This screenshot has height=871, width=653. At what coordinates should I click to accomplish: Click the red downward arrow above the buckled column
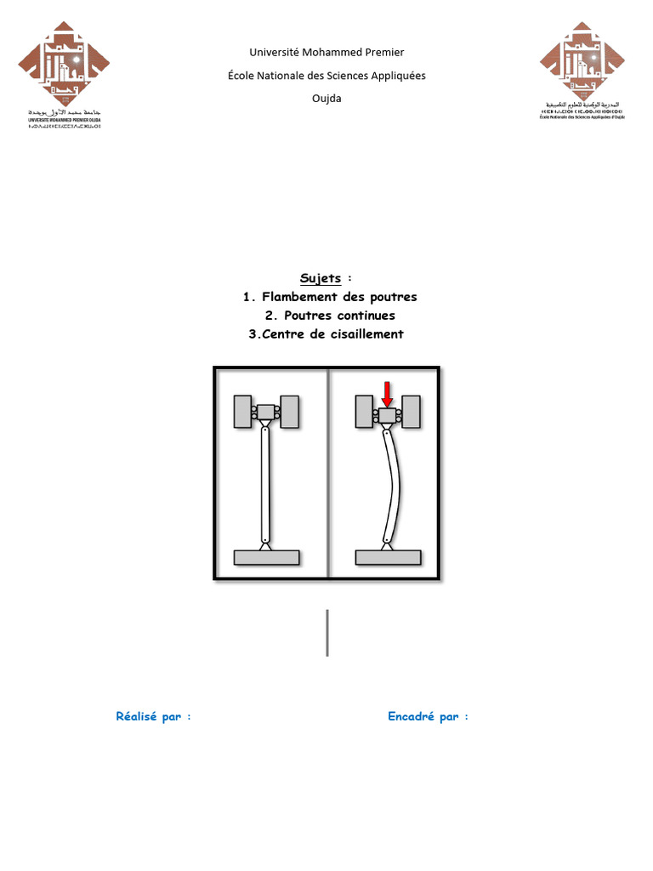point(387,394)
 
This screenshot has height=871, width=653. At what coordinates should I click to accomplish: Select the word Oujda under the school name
point(326,98)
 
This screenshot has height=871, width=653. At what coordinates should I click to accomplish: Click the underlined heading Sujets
point(320,278)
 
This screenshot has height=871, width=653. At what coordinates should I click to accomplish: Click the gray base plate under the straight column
point(266,557)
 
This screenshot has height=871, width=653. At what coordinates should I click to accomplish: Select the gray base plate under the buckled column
point(388,557)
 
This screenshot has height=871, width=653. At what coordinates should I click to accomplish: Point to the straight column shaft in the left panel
point(266,485)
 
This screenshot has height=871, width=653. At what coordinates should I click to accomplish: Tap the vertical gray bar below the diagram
point(327,632)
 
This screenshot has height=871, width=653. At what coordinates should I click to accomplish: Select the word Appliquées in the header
point(394,76)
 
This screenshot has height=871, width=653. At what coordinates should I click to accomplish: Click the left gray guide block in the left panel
point(241,412)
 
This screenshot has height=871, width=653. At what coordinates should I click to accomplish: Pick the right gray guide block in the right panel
point(412,412)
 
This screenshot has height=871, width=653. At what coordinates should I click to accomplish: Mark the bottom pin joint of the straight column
point(266,539)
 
